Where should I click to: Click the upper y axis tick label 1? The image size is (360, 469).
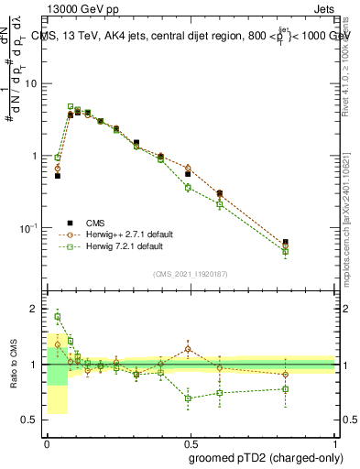pyautogui.click(x=37, y=156)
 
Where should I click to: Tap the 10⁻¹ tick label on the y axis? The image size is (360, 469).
pyautogui.click(x=30, y=228)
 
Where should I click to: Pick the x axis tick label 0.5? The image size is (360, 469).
pyautogui.click(x=191, y=442)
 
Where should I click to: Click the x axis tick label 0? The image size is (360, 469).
pyautogui.click(x=47, y=442)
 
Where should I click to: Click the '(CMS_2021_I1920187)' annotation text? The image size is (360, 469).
pyautogui.click(x=191, y=274)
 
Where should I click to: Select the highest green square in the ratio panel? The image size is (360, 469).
pyautogui.click(x=58, y=317)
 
